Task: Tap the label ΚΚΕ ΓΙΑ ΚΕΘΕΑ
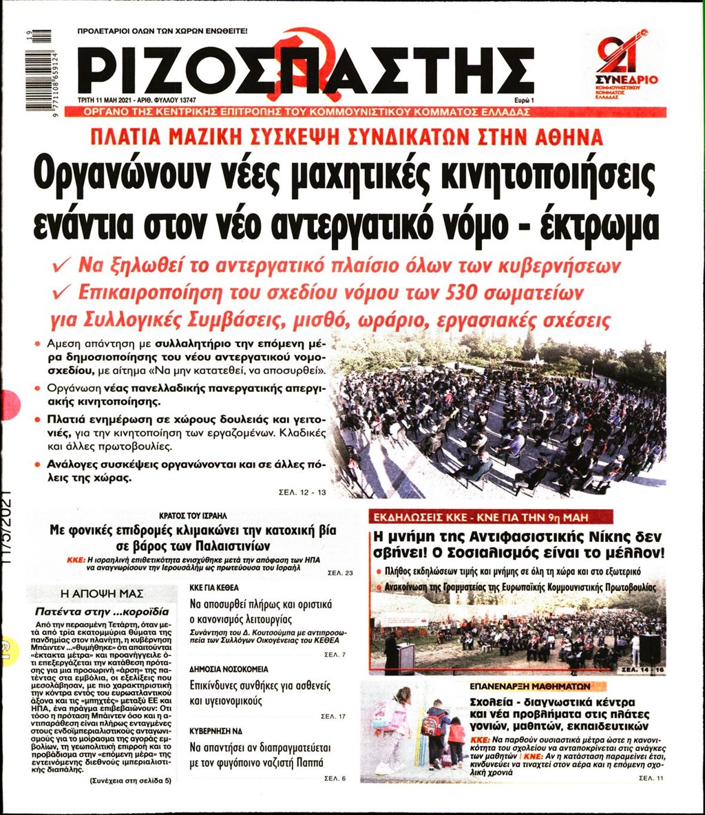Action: [x=214, y=588]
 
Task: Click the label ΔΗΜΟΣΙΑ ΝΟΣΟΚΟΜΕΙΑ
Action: [x=229, y=669]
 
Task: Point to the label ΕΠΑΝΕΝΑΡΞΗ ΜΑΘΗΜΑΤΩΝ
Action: [x=529, y=686]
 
